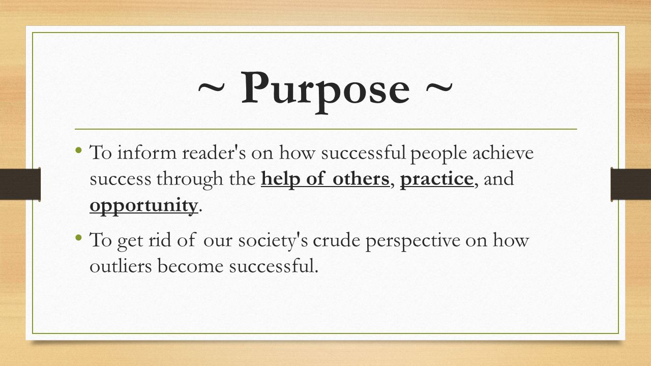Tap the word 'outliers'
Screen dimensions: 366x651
[x=119, y=266]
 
